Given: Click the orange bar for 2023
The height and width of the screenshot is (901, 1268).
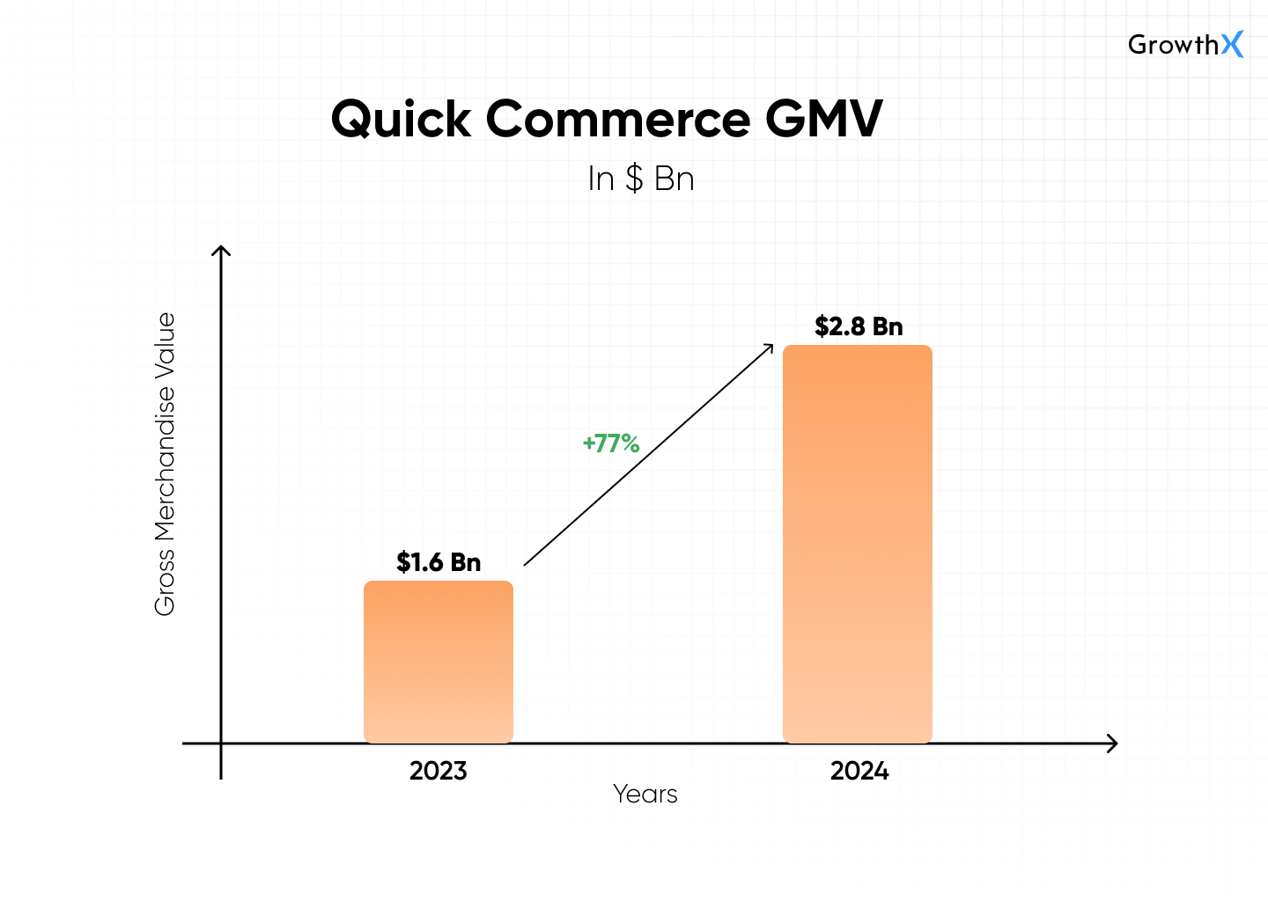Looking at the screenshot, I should coord(439,662).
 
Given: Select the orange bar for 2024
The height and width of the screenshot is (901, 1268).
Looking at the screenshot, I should coord(858,544).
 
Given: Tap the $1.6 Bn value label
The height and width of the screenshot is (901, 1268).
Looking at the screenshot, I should coord(439,562).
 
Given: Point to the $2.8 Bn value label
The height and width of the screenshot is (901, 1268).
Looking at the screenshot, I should coord(859,326).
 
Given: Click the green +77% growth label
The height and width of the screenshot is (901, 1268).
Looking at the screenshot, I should coord(611,443).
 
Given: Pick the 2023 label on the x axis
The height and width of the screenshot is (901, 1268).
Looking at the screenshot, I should coord(439,771).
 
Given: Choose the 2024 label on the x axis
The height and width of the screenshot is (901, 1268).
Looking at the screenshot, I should coord(859,771).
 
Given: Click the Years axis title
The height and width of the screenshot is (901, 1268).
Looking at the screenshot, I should coord(645,794).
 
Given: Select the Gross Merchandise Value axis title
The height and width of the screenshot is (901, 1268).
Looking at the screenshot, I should coord(165,464).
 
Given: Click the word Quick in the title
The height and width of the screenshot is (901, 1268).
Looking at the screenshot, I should coord(401,119).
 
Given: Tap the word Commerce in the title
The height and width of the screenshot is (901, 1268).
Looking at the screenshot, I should coord(618,119).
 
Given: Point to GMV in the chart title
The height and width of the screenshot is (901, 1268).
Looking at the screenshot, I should coord(823,119).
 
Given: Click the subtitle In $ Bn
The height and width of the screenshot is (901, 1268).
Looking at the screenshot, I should coord(641,179).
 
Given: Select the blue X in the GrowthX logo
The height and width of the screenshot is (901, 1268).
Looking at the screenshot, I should coord(1233,44).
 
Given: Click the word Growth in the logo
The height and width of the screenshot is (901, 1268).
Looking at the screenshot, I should coord(1174,45).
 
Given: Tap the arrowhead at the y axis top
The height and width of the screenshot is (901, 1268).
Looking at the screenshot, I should coord(221,251).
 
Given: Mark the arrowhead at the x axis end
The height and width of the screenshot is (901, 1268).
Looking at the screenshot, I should coord(1113,744).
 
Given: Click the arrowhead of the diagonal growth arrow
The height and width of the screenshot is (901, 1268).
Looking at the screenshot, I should coord(769,348).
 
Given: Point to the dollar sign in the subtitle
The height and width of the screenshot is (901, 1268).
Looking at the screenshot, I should coord(634,179).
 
